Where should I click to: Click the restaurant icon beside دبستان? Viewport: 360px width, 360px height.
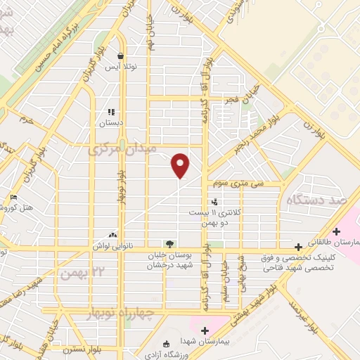pyautogui.click(x=110, y=112)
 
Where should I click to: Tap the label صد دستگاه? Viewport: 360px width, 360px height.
pyautogui.click(x=320, y=200)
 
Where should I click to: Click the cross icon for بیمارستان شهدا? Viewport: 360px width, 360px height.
pyautogui.click(x=205, y=330)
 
